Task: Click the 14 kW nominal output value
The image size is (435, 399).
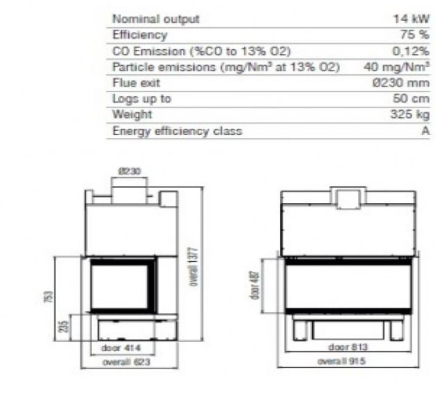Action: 411,19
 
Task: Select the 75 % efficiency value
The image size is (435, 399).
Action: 415,35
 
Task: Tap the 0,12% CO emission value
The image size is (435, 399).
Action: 411,51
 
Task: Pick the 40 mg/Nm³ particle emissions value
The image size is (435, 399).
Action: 397,67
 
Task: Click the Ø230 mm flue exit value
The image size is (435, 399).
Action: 401,82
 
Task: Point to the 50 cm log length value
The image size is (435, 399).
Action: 411,98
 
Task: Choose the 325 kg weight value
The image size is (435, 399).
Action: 410,114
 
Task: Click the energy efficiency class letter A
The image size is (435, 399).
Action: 425,131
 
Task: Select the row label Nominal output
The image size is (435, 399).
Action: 156,19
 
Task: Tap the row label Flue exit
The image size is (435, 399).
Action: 136,82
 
